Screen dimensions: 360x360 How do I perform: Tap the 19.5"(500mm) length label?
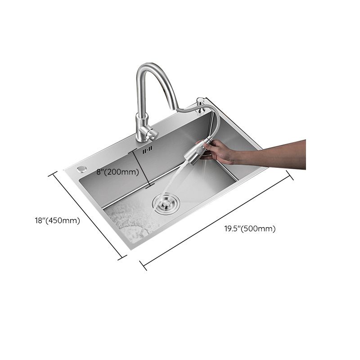(x=250, y=229)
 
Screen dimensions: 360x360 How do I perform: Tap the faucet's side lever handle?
(x=151, y=133)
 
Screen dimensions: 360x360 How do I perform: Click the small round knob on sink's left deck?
(x=81, y=168)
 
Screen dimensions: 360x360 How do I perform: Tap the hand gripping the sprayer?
(x=220, y=151)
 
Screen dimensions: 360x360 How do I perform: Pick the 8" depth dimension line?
(x=141, y=168)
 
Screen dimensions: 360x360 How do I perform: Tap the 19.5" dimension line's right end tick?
(x=290, y=175)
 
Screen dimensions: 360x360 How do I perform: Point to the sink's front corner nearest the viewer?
(x=130, y=249)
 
